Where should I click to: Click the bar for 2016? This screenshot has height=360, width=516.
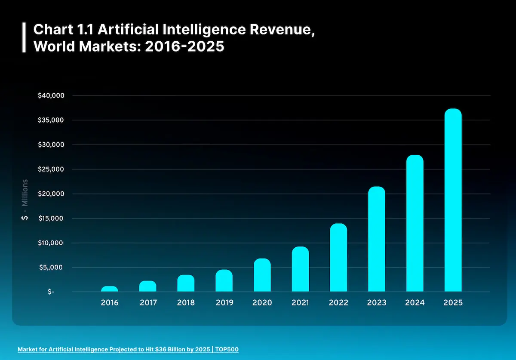pyautogui.click(x=110, y=289)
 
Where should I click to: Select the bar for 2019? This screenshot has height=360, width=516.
pyautogui.click(x=224, y=281)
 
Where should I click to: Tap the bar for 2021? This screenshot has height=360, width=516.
pyautogui.click(x=300, y=269)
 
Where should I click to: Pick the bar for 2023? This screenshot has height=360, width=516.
pyautogui.click(x=377, y=239)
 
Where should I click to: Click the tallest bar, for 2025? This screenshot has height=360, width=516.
pyautogui.click(x=453, y=200)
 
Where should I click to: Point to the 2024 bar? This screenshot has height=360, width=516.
pyautogui.click(x=415, y=223)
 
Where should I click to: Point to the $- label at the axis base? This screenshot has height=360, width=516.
pyautogui.click(x=51, y=292)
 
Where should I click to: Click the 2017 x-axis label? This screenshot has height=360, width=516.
pyautogui.click(x=148, y=303)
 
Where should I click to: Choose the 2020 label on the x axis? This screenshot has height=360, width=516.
pyautogui.click(x=262, y=303)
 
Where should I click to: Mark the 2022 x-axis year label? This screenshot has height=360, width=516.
pyautogui.click(x=338, y=303)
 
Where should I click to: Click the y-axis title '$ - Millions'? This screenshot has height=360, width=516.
pyautogui.click(x=25, y=200)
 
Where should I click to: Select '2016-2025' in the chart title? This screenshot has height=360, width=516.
pyautogui.click(x=184, y=46)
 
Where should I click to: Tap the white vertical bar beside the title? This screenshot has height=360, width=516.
pyautogui.click(x=24, y=38)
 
